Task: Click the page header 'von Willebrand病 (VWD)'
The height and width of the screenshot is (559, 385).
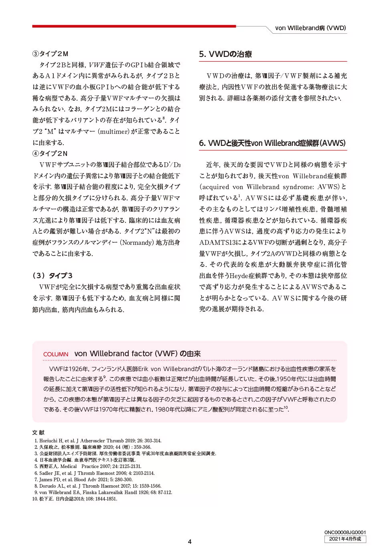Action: (310, 28)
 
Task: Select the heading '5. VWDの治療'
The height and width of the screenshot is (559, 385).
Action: (225, 54)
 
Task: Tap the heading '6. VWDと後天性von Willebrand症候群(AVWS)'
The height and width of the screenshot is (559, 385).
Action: (272, 143)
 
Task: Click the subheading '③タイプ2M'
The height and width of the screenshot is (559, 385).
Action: (51, 54)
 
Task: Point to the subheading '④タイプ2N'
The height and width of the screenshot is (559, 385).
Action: (50, 153)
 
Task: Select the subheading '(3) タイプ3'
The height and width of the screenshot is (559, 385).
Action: (53, 276)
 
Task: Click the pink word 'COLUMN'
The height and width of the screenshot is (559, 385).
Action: (56, 354)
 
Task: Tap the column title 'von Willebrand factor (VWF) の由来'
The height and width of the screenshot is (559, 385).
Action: (137, 354)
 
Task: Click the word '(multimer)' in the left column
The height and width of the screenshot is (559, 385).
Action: (113, 131)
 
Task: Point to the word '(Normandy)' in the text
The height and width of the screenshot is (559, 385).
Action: (137, 242)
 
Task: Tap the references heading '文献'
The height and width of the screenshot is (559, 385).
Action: (38, 433)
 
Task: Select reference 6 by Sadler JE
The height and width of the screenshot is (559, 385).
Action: (94, 473)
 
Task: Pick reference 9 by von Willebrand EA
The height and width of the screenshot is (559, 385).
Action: (103, 492)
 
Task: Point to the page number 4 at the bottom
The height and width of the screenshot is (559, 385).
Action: (190, 542)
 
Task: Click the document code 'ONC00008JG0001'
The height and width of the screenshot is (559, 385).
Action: (345, 533)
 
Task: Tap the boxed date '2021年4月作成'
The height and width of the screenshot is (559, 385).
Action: (345, 539)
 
